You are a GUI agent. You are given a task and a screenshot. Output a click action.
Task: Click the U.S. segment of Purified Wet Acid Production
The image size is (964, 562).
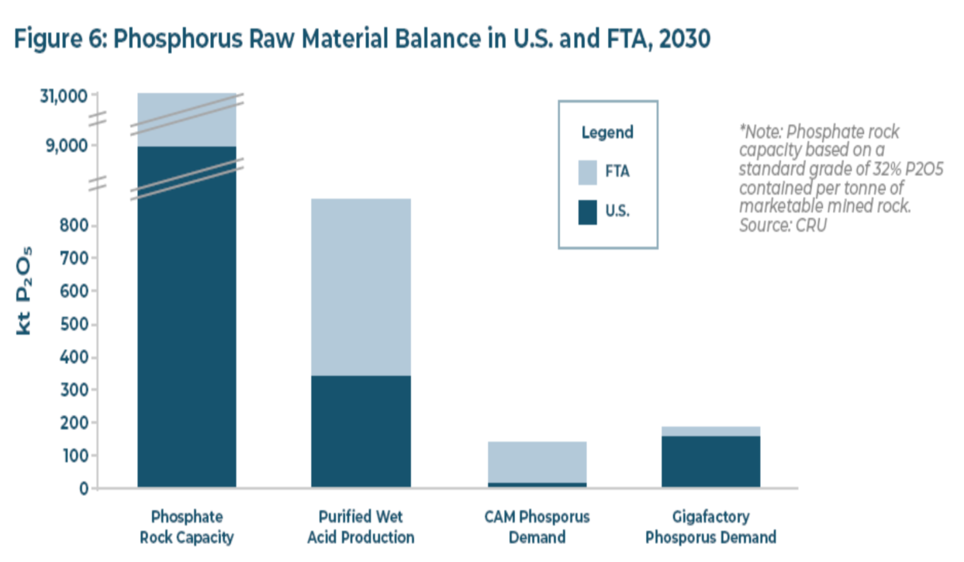point(361,431)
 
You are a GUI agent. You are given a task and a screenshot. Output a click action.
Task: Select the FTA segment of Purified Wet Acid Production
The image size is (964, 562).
point(361,287)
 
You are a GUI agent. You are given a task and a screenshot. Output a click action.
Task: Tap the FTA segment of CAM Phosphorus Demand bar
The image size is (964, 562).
point(537,462)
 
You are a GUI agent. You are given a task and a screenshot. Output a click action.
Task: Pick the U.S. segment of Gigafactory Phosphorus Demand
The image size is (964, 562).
point(710,461)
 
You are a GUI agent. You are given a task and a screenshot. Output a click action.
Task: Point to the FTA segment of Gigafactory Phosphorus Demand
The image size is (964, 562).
point(710,431)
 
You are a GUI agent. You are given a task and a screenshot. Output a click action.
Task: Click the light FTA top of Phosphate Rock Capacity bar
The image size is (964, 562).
point(187,116)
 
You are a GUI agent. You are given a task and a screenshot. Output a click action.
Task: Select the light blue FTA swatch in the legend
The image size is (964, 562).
point(588,172)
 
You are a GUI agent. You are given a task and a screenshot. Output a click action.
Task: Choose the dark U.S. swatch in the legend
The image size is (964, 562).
point(588,212)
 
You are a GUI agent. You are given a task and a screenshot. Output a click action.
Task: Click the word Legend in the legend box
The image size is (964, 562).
point(607,133)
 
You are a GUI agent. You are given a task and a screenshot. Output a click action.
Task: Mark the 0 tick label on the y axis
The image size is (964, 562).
point(81,488)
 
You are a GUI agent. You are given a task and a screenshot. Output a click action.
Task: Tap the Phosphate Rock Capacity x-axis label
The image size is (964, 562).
point(187,526)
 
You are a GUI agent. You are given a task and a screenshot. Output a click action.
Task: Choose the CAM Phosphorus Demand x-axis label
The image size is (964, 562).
point(537,526)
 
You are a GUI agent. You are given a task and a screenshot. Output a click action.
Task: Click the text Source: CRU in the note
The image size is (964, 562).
point(783,225)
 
